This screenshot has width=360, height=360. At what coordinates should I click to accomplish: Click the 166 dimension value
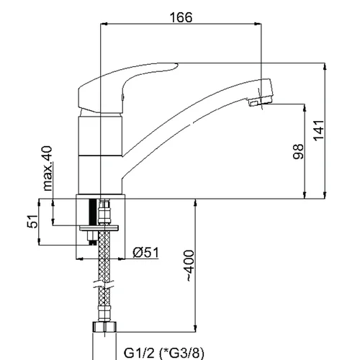tap(181, 17)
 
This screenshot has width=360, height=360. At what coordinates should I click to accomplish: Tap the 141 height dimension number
tap(319, 130)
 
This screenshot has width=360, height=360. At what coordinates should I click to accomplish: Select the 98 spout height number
tap(298, 151)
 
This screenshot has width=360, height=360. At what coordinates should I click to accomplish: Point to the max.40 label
tap(48, 168)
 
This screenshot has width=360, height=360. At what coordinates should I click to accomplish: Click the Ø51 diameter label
tap(145, 253)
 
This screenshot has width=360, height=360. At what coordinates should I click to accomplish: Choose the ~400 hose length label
tap(189, 266)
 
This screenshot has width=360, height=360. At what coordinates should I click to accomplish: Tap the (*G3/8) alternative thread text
tap(181, 353)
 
